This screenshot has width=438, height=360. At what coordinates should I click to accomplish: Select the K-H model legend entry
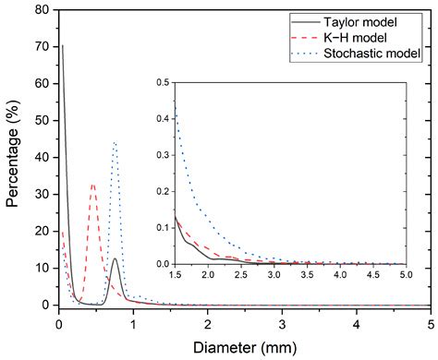click(370, 38)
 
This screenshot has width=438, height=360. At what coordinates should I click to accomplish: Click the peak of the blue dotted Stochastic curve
click(115, 142)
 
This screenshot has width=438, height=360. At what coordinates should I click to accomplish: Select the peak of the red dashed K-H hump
click(93, 185)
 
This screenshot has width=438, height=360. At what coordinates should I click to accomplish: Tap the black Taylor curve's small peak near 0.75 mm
click(115, 258)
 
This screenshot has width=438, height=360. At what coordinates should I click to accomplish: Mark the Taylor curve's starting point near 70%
click(61, 44)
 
